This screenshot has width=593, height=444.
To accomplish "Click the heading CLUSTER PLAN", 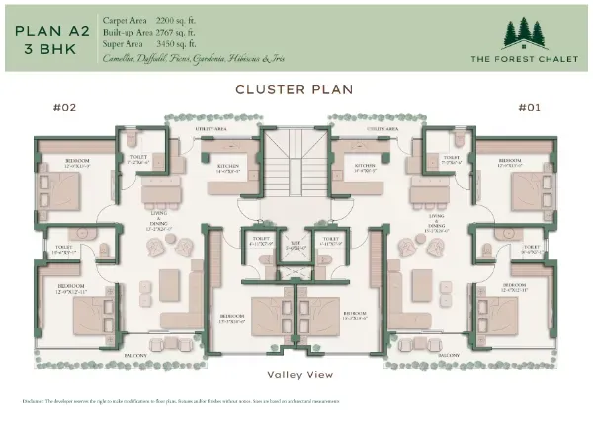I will [x=296, y=89].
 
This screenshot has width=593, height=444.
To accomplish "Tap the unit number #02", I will [x=64, y=108].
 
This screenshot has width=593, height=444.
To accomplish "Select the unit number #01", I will [x=528, y=108].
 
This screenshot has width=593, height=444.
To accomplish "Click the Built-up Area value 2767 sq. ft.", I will [x=158, y=33].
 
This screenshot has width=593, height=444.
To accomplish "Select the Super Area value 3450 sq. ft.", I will [x=157, y=45].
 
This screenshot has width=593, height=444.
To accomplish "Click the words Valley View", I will [x=299, y=374].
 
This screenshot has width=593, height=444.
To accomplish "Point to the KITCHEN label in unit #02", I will [x=229, y=166].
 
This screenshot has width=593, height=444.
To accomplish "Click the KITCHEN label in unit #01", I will [x=364, y=166].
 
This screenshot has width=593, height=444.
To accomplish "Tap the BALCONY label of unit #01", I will [x=448, y=354].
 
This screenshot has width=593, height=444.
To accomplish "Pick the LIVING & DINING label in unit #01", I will [x=434, y=226].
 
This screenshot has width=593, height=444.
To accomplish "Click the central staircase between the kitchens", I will [x=296, y=163].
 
